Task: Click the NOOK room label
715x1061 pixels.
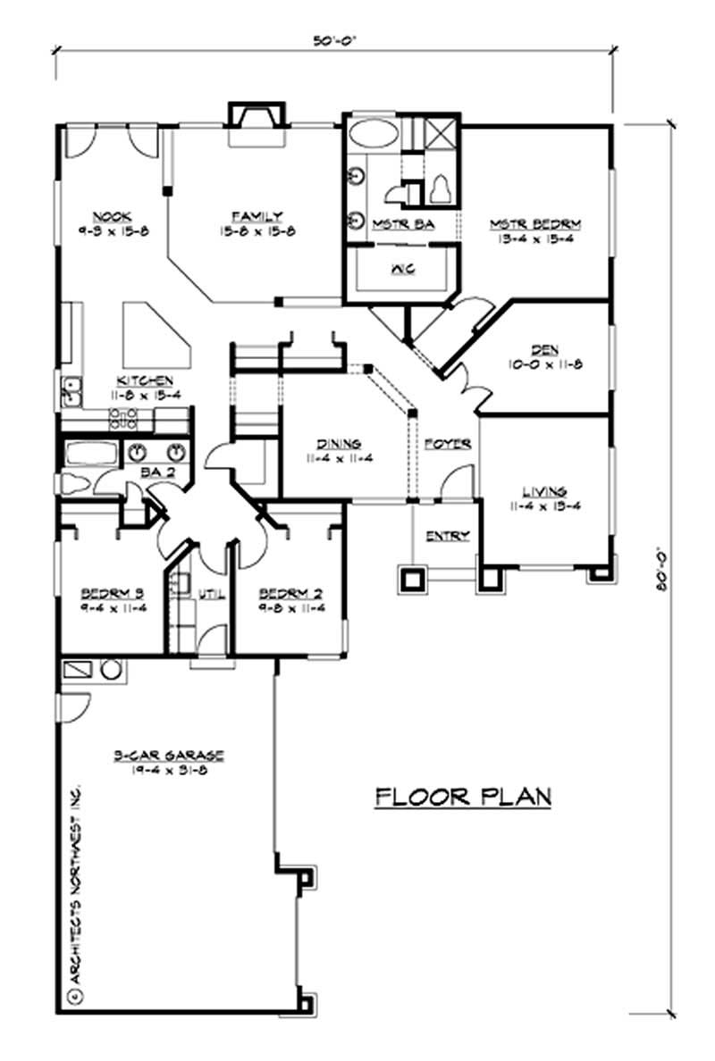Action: (112, 216)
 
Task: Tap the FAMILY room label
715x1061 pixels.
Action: (257, 216)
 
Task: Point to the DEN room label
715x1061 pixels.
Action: (543, 350)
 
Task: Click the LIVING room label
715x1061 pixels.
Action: (544, 491)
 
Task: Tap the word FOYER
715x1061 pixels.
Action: (447, 444)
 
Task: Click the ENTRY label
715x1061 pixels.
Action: (447, 536)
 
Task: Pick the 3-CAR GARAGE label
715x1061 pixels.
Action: (168, 756)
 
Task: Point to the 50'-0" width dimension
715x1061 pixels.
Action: (335, 39)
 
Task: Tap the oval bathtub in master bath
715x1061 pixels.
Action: (373, 138)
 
